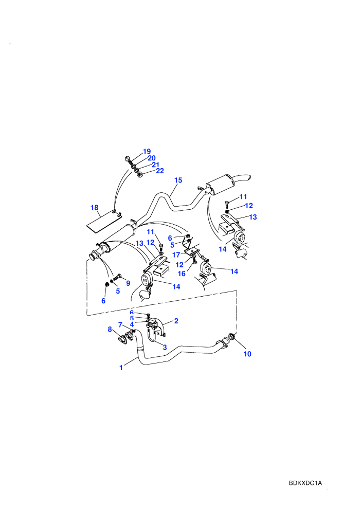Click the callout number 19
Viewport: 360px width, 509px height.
tap(147, 151)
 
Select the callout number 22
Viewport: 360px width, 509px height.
tap(160, 171)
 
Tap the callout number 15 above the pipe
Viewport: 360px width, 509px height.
tap(178, 180)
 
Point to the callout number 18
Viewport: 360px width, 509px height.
tap(95, 207)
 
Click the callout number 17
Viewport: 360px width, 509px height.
tap(176, 255)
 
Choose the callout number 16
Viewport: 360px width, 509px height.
tap(182, 274)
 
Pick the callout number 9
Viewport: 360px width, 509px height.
tap(128, 283)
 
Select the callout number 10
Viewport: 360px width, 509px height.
tap(247, 354)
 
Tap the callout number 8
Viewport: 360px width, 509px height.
tap(110, 330)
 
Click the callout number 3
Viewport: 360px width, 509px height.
tap(165, 348)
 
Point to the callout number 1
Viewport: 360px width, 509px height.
tap(121, 368)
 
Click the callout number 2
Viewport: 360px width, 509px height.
tap(176, 321)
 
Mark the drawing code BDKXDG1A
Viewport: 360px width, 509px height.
tap(305, 483)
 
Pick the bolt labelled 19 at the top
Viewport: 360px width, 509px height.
tap(128, 159)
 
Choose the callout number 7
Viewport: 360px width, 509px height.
tap(120, 324)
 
